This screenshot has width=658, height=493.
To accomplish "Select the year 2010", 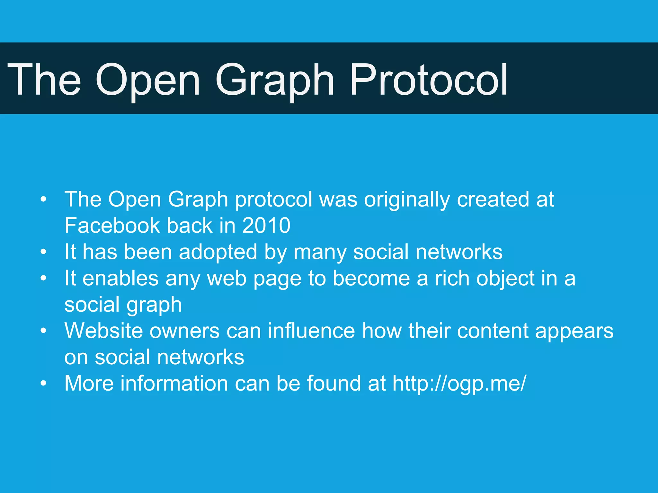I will [266, 225].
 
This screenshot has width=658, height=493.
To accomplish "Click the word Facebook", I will [112, 225].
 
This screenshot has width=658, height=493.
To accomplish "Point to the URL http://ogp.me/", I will [459, 383].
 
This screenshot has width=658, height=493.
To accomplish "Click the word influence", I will [311, 331].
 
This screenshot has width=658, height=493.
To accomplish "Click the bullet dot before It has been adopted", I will [44, 252].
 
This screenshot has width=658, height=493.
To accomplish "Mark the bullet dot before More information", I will [44, 384].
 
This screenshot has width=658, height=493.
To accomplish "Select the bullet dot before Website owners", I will [44, 331].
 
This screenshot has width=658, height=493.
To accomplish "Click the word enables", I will [120, 278].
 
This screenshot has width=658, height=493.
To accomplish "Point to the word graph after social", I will [154, 305].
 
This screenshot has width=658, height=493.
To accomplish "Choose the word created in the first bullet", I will [493, 200].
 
